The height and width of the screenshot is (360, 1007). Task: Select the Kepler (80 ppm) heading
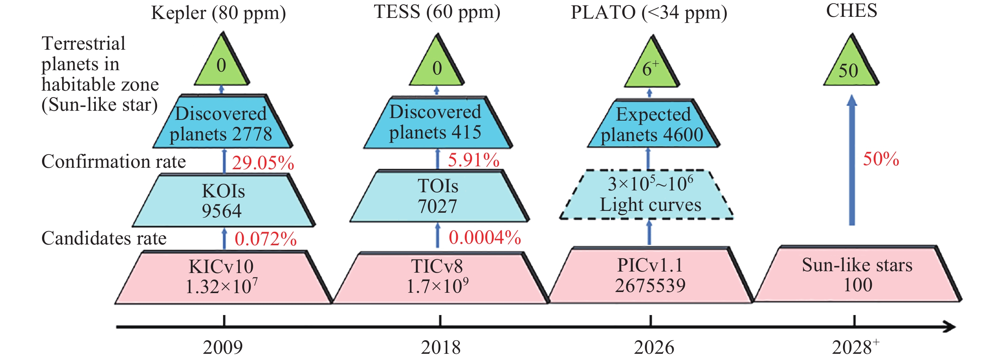[x=218, y=13]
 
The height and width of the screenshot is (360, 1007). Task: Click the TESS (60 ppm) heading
[x=437, y=12]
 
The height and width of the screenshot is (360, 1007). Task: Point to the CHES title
[x=851, y=11]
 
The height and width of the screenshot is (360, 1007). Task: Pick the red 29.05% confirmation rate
[x=263, y=163]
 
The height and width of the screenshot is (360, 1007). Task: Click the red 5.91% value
[x=474, y=160]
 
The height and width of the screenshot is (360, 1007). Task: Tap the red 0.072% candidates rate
[x=265, y=239]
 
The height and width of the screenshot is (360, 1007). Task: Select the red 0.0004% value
[x=485, y=237]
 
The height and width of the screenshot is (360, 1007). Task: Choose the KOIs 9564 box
[x=224, y=200]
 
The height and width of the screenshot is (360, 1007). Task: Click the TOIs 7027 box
[x=440, y=196]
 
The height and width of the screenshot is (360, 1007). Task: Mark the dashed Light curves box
[x=646, y=194]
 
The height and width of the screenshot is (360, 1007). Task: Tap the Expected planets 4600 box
[x=653, y=123]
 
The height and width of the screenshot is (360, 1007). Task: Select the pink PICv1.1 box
[x=650, y=275]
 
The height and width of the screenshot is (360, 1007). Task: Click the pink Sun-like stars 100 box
[x=858, y=274]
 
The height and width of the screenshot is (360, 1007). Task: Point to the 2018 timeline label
[x=441, y=347]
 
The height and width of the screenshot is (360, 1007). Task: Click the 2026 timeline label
[x=654, y=347]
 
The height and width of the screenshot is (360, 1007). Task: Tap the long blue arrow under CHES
[x=852, y=160]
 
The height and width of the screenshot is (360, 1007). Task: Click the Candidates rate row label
[x=104, y=238]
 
